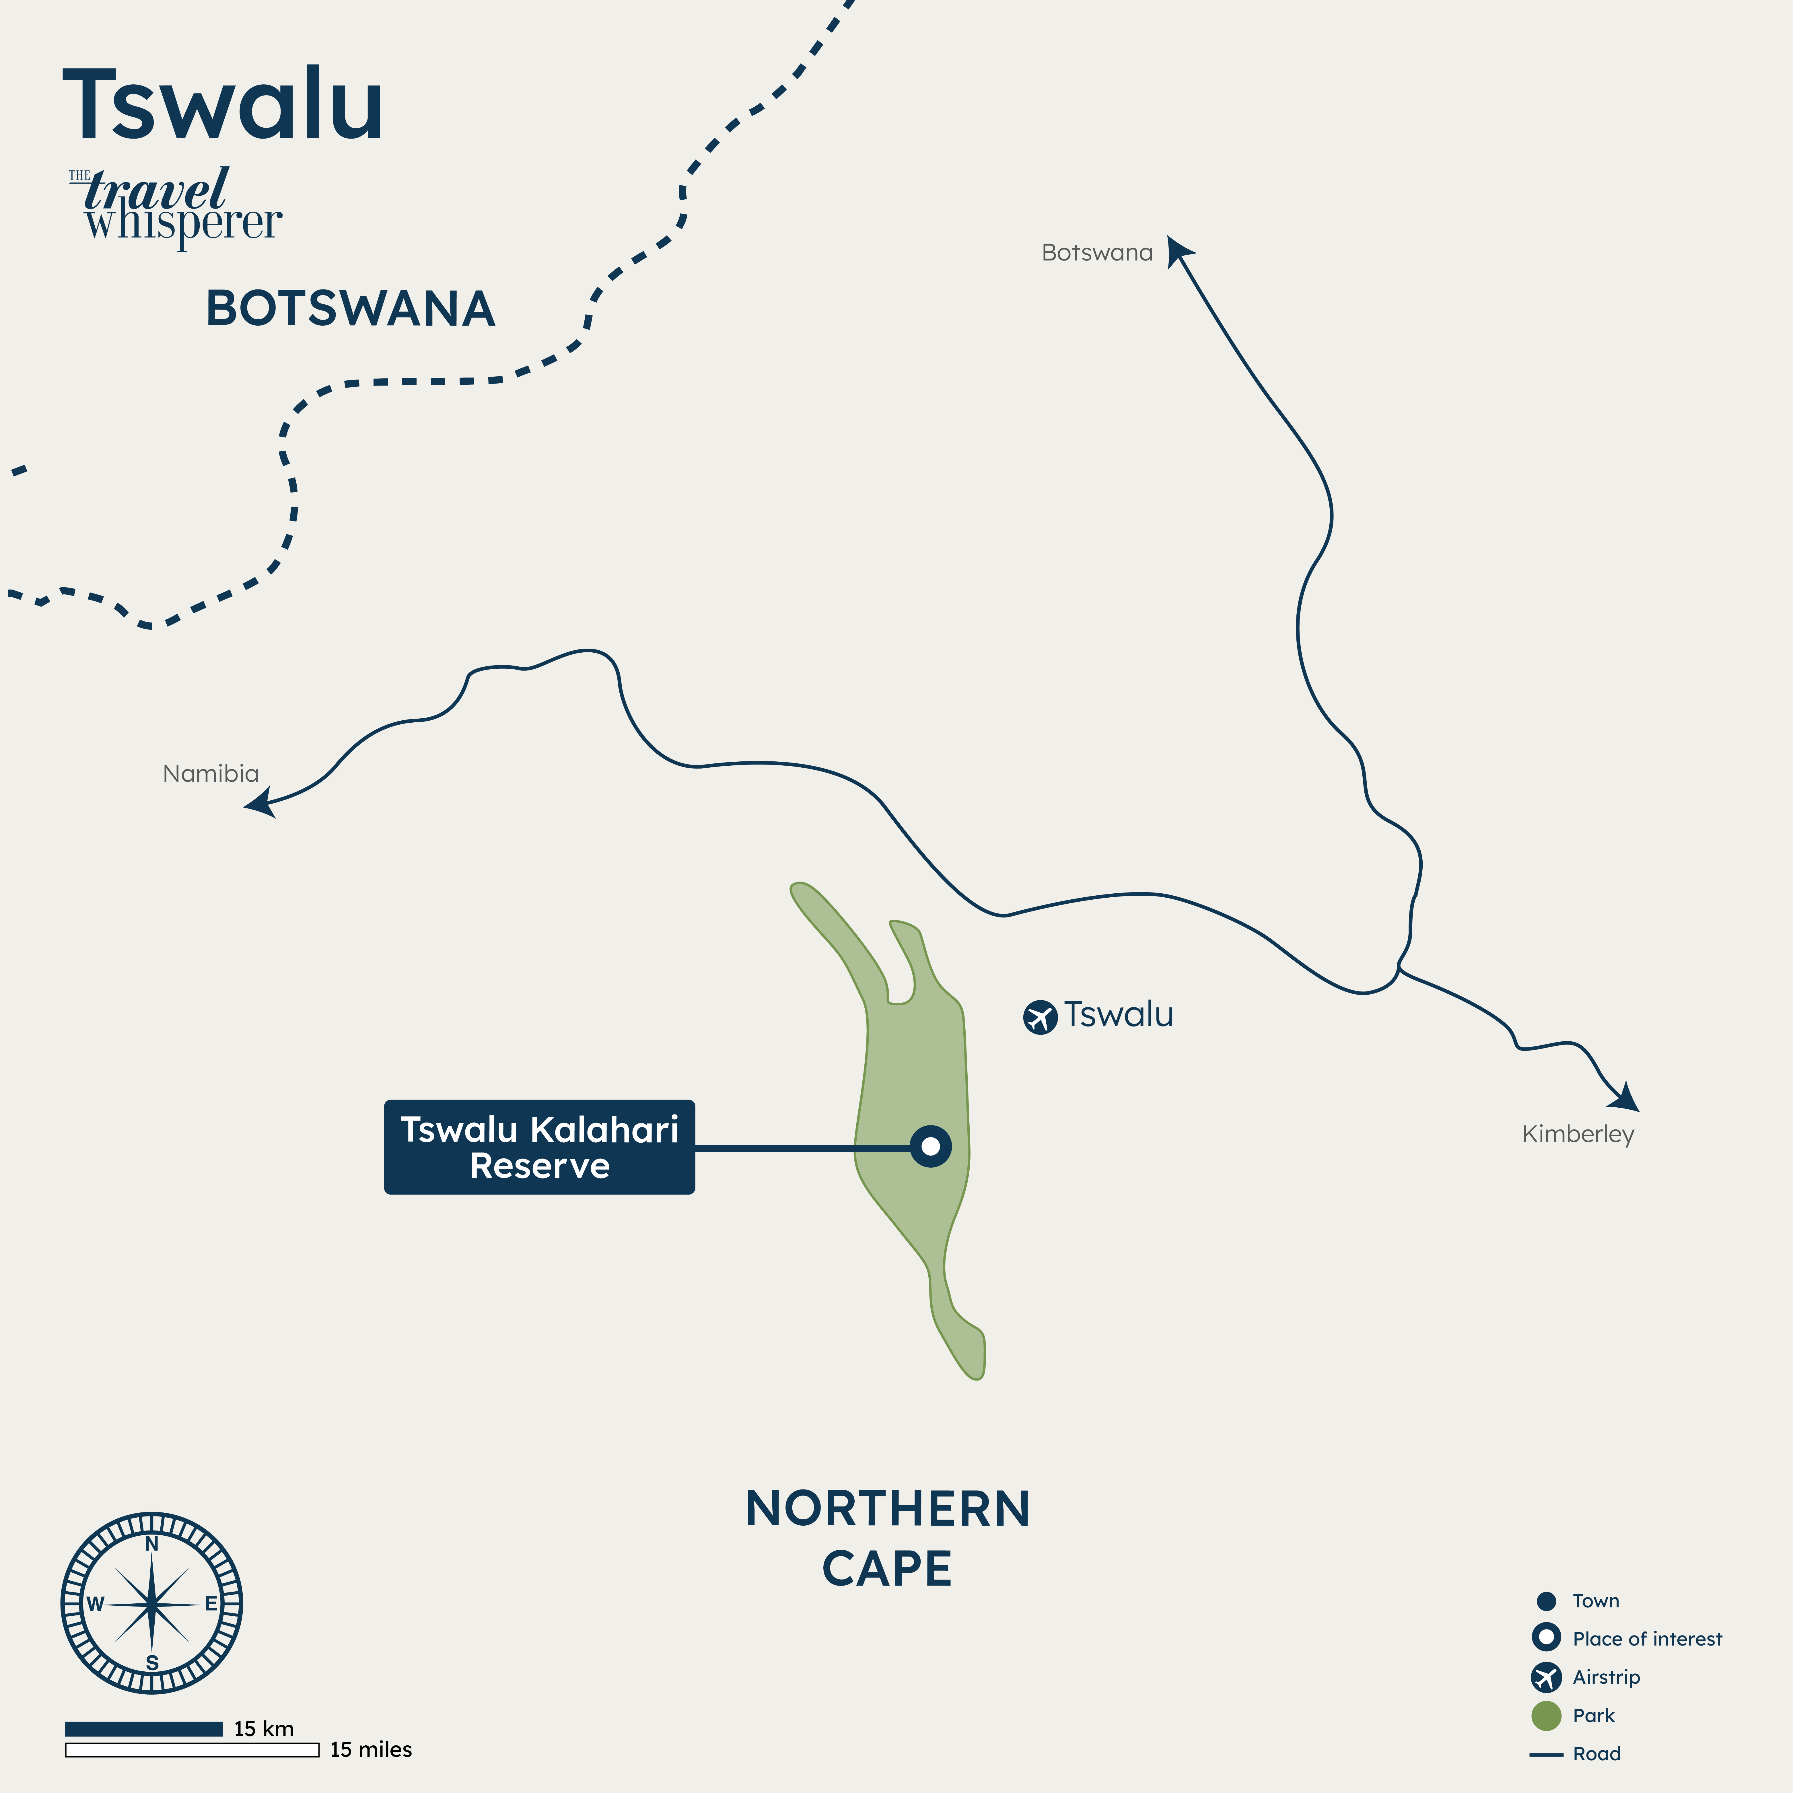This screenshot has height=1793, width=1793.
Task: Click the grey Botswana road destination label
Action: tap(1097, 252)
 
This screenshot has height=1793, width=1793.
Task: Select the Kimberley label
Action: tap(1578, 1134)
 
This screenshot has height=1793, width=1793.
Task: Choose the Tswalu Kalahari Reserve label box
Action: tap(539, 1147)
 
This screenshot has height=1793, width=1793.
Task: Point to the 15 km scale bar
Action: tap(144, 1728)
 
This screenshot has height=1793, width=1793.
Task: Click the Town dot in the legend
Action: tap(1546, 1601)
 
